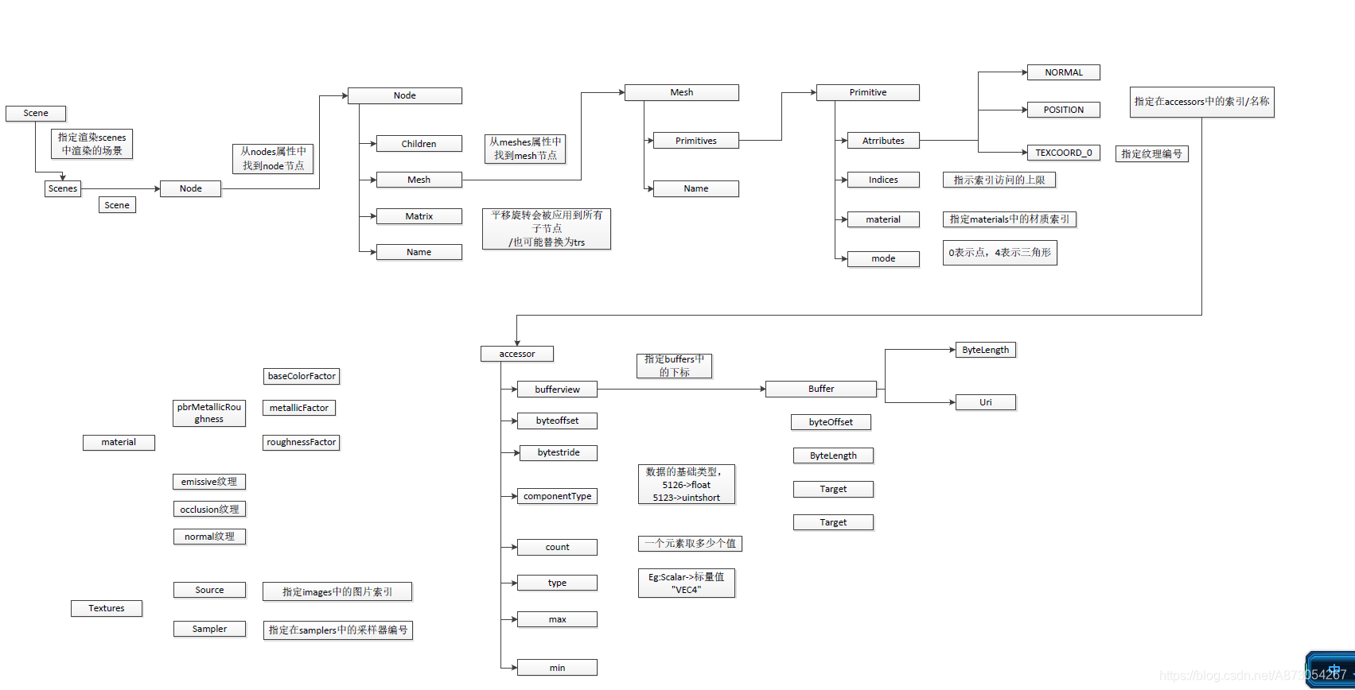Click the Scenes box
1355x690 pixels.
pyautogui.click(x=63, y=188)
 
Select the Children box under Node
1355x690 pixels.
pyautogui.click(x=419, y=144)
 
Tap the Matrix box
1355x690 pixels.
pyautogui.click(x=419, y=216)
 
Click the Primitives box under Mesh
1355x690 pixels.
pyautogui.click(x=695, y=141)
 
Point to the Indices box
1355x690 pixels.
pyautogui.click(x=883, y=180)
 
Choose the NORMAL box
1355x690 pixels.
pyautogui.click(x=1063, y=72)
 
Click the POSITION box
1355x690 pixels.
pyautogui.click(x=1063, y=110)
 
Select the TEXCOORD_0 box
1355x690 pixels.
pyautogui.click(x=1063, y=153)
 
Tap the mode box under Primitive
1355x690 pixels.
pyautogui.click(x=883, y=258)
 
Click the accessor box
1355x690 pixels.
pyautogui.click(x=517, y=354)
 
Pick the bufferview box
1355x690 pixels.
pyautogui.click(x=557, y=390)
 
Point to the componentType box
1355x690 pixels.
pyautogui.click(x=557, y=496)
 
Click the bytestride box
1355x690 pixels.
pyautogui.click(x=558, y=452)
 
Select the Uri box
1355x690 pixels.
pyautogui.click(x=985, y=402)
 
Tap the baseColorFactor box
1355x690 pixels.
pyautogui.click(x=302, y=376)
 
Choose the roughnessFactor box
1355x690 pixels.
pyautogui.click(x=302, y=442)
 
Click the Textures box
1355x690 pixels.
pyautogui.click(x=107, y=608)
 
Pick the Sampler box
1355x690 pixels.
pyautogui.click(x=209, y=629)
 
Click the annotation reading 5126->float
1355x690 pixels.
pyautogui.click(x=686, y=485)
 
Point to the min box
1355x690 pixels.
pyautogui.click(x=557, y=668)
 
